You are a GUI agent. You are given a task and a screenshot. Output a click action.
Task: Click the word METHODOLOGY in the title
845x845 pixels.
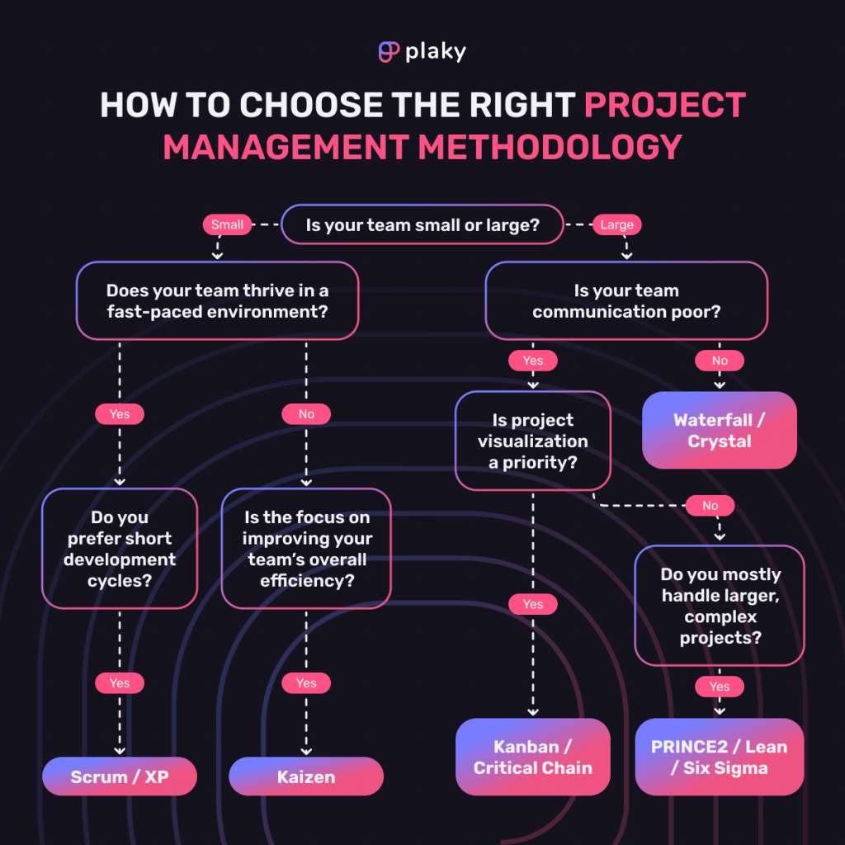coord(550,147)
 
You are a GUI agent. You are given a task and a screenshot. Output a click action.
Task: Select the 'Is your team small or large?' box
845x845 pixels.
coord(422,224)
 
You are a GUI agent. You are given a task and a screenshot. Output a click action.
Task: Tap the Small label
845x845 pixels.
coord(227,224)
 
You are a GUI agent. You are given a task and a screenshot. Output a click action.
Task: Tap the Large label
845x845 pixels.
coord(616,224)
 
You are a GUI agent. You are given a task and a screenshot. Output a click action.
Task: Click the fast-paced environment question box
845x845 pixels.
coord(217,301)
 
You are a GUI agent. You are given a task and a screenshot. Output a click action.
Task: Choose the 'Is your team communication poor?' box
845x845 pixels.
coord(626,301)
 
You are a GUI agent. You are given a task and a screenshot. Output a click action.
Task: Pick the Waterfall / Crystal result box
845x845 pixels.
coord(720,430)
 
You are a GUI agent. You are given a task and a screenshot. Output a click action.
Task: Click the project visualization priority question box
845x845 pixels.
coord(533,441)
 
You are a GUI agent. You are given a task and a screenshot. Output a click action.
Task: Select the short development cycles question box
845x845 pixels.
coord(120,549)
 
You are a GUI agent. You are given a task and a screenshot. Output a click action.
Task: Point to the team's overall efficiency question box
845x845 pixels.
coord(306,549)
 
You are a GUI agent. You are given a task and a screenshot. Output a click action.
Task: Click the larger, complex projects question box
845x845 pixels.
coord(720,606)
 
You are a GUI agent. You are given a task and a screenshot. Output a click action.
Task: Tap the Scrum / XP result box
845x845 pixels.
coord(120,777)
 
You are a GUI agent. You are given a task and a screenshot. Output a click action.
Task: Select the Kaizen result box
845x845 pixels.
coord(306,777)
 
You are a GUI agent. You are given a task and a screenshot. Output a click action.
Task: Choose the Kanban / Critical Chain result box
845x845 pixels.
coord(533,757)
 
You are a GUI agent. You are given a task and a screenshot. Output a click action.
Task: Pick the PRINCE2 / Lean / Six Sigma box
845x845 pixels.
coord(720,757)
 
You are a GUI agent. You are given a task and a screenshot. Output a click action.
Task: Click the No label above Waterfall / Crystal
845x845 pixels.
coord(720,361)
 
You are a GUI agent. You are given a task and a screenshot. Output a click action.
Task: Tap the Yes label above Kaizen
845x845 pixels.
coord(306,683)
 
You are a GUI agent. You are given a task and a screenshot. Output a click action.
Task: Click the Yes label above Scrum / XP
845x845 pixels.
coord(120,683)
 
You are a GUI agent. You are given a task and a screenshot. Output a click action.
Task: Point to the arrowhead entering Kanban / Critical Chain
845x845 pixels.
coord(533,710)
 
